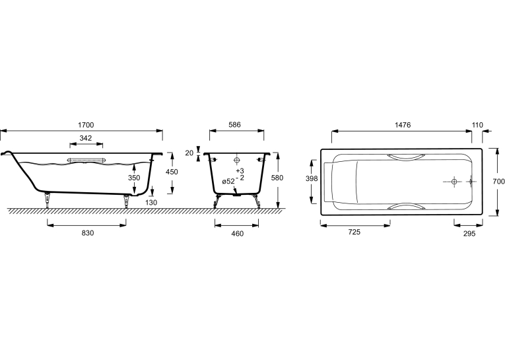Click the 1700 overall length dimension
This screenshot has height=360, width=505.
86,125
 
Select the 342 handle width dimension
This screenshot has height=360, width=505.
86,138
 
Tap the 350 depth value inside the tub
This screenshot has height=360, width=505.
134,178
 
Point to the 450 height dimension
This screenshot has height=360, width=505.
172,172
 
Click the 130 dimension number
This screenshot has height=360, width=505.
151,202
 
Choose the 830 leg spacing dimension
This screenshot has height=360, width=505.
88,233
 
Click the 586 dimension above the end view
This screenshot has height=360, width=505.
234,125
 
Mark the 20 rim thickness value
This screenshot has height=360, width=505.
189,153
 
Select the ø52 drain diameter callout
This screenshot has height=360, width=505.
228,182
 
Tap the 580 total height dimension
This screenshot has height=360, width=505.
277,178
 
